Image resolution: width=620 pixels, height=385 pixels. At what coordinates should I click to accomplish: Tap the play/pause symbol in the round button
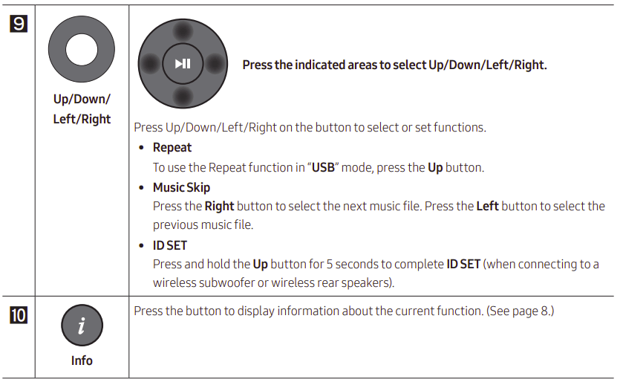[x=183, y=64]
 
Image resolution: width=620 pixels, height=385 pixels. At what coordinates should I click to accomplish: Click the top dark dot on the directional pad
[x=183, y=31]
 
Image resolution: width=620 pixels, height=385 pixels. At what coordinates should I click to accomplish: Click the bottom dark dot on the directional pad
[x=183, y=96]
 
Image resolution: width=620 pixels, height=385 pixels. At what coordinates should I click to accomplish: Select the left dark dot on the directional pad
[x=151, y=64]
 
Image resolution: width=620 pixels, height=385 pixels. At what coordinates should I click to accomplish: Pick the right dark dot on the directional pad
[x=215, y=64]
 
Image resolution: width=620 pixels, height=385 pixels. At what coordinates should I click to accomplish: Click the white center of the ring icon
[x=82, y=49]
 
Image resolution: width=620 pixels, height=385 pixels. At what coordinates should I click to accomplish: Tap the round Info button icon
[x=82, y=325]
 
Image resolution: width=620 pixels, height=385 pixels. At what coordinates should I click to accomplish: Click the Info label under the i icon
[x=82, y=360]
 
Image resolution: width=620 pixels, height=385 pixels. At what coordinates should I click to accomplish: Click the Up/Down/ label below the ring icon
[x=82, y=100]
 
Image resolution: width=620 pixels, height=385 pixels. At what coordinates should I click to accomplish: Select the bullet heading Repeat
[x=172, y=148]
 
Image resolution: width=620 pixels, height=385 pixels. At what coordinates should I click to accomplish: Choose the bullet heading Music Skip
[x=181, y=187]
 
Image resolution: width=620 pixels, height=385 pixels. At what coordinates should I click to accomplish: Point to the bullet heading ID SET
[x=170, y=245]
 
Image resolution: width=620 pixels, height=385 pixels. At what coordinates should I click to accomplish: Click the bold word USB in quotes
[x=323, y=167]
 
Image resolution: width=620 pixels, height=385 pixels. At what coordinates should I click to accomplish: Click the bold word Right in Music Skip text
[x=219, y=206]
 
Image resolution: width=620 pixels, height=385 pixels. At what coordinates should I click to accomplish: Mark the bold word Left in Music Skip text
[x=487, y=206]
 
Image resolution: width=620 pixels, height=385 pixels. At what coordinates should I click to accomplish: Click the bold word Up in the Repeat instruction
[x=435, y=167]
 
